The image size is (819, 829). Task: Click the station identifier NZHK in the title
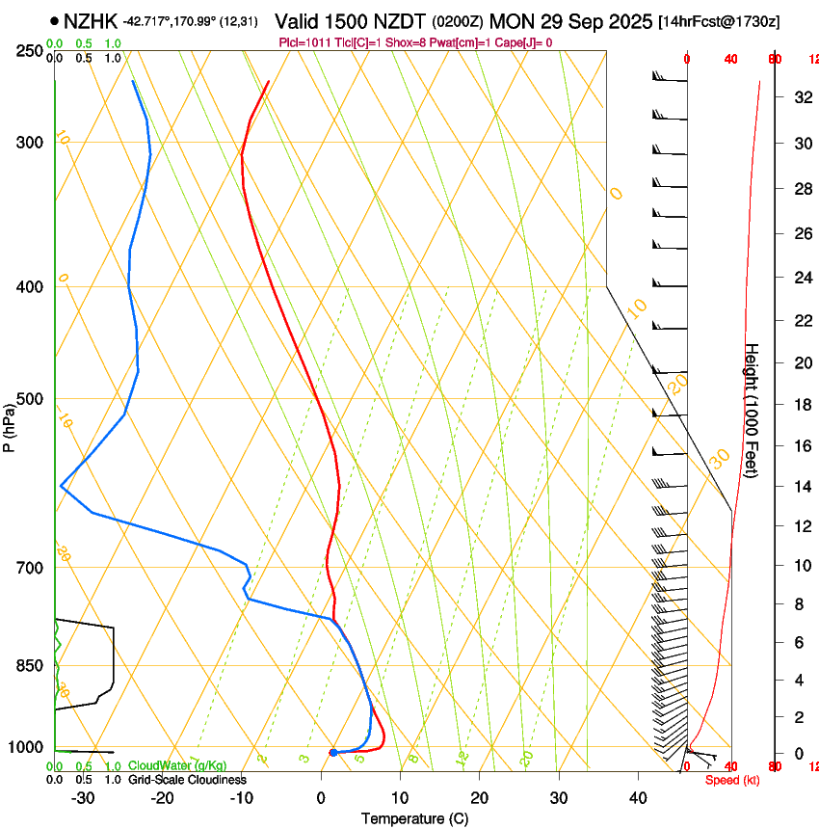(x=91, y=20)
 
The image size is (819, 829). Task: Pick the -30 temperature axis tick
(x=84, y=797)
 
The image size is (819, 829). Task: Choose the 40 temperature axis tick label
(x=638, y=797)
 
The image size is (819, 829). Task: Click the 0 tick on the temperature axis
(x=321, y=797)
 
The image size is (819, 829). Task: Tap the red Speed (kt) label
(x=732, y=780)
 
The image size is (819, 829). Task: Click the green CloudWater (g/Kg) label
(x=177, y=765)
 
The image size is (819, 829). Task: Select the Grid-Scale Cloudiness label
(x=187, y=779)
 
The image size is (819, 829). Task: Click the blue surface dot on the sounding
(x=332, y=752)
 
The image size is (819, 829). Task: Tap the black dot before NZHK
(x=54, y=20)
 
